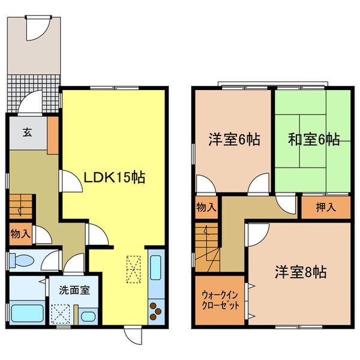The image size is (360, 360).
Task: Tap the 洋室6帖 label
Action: (x=234, y=140)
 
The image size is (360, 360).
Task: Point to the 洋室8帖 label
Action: (x=302, y=272)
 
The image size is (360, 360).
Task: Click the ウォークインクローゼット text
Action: (x=220, y=300)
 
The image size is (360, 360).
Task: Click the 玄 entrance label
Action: (x=28, y=133)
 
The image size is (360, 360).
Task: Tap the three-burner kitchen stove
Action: (x=157, y=311)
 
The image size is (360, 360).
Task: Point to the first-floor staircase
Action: (x=21, y=207)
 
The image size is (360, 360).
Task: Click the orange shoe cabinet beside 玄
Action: (x=53, y=134)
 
